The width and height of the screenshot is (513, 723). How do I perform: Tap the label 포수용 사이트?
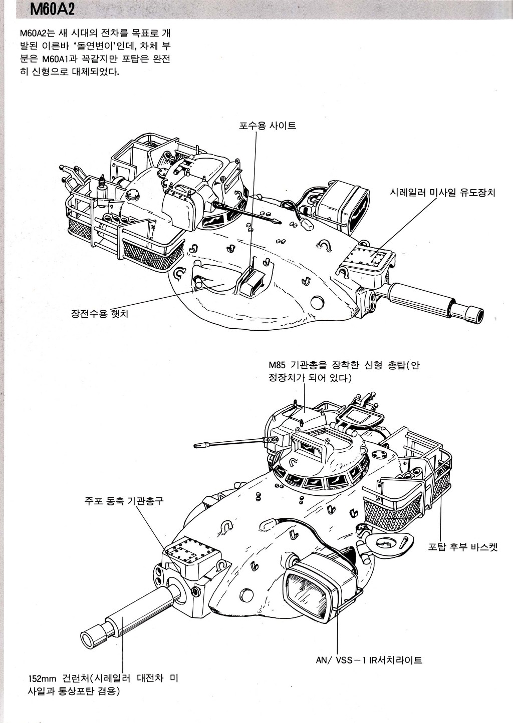(x=267, y=126)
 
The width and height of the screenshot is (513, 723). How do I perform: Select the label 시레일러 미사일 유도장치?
(x=442, y=192)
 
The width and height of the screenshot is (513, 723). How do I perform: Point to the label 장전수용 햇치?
(x=99, y=314)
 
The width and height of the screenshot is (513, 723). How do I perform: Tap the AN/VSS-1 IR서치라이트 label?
(x=369, y=660)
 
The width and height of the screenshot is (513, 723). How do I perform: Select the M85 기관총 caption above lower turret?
(x=344, y=371)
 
